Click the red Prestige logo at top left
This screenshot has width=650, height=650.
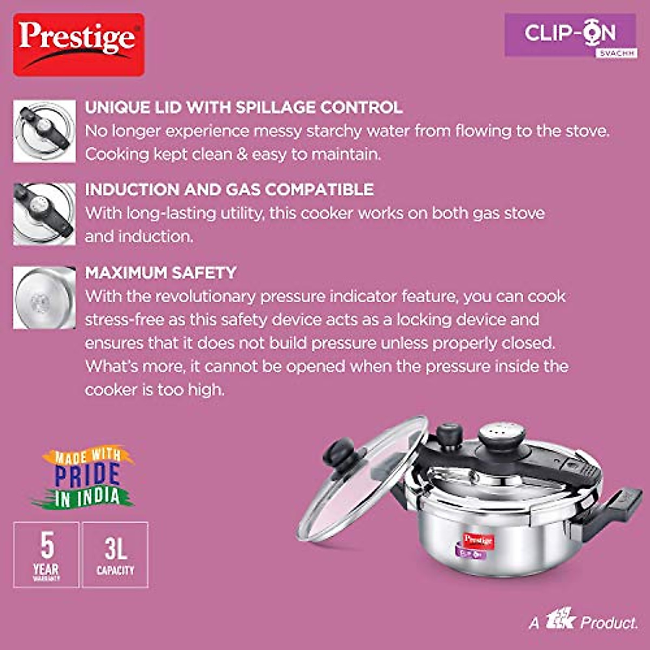(x=79, y=44)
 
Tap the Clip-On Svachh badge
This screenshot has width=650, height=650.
(x=570, y=35)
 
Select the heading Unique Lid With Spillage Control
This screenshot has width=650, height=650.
(x=244, y=107)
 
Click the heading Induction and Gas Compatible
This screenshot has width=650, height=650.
(x=229, y=190)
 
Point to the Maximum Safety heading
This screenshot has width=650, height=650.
(x=161, y=272)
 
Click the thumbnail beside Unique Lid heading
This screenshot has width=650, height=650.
(x=44, y=131)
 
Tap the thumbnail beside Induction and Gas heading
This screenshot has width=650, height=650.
(x=44, y=213)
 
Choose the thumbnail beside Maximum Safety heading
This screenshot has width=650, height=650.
(x=44, y=297)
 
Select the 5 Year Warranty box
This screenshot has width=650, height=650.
(x=47, y=554)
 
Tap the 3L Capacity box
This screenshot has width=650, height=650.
(x=115, y=554)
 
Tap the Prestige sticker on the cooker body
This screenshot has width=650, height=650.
(x=478, y=541)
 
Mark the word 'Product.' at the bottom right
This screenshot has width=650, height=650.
(x=609, y=623)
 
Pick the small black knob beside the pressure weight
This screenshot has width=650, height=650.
(x=449, y=435)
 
